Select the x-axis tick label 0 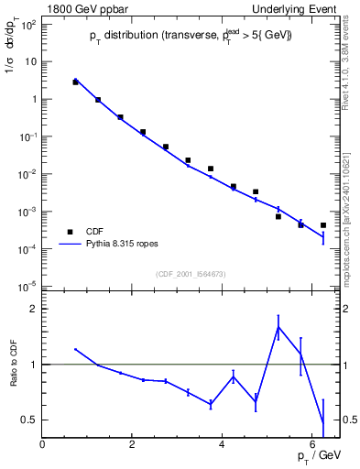coord(42,444)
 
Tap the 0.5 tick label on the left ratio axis coord(27,420)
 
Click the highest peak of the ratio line coord(278,327)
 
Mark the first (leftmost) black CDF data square coord(75,82)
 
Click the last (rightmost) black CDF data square coord(323,225)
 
